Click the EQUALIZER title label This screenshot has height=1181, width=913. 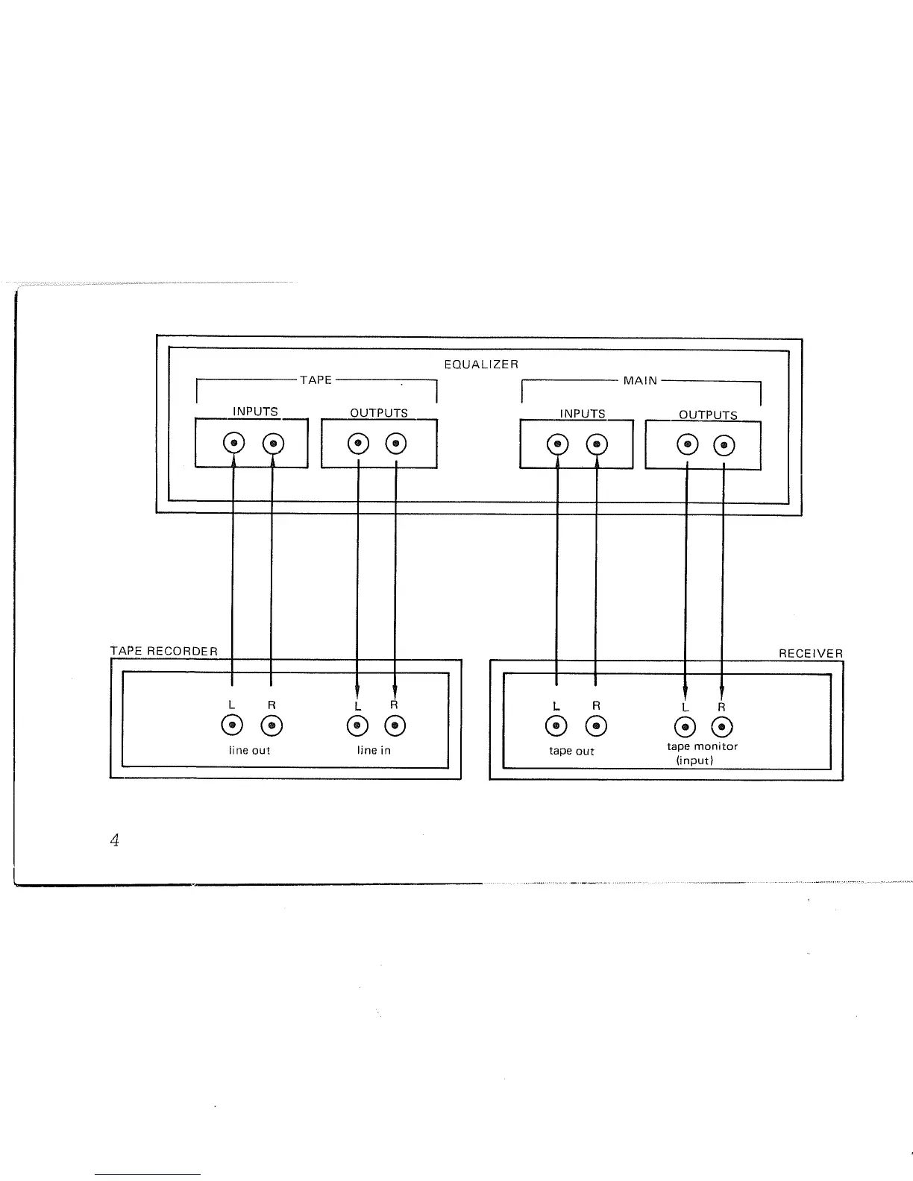(x=480, y=365)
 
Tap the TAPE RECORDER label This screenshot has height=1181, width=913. (x=164, y=651)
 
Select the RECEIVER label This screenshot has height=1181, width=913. (x=811, y=654)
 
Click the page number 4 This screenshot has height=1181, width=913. (x=114, y=841)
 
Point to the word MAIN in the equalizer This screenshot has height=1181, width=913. (x=641, y=381)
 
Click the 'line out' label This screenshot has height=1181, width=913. (x=249, y=750)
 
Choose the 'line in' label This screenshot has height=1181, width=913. (x=374, y=750)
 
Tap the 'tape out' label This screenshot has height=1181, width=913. (x=571, y=751)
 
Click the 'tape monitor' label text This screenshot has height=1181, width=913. (x=702, y=746)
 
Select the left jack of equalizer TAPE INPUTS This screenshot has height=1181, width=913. (x=234, y=444)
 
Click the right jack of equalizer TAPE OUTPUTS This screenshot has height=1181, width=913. (x=396, y=444)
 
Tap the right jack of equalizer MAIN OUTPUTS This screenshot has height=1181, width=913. (x=724, y=446)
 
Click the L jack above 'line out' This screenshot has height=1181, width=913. (x=232, y=725)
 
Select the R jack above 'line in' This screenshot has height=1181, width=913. (x=395, y=725)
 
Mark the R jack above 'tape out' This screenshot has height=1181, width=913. (x=595, y=726)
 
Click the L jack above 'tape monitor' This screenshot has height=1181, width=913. (x=685, y=727)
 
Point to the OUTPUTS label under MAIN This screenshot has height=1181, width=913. (x=708, y=415)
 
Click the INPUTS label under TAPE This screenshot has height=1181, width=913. (x=255, y=412)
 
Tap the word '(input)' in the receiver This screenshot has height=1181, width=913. (x=694, y=760)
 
